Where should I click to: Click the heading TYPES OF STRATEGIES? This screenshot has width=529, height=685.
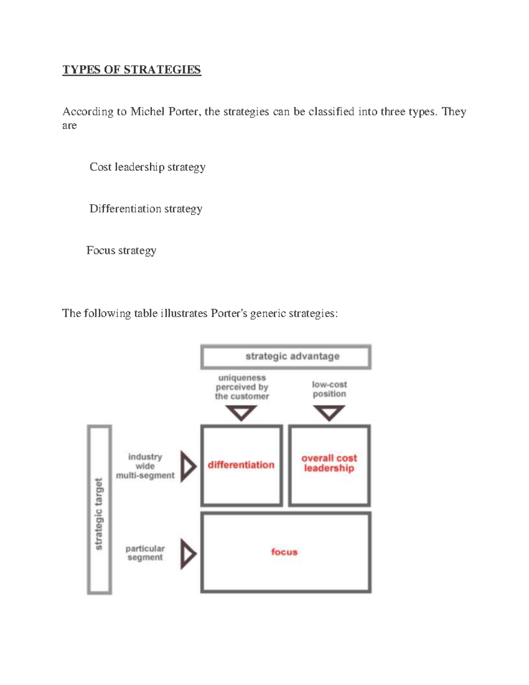pos(131,70)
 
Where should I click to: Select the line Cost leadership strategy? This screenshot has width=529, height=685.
pos(147,167)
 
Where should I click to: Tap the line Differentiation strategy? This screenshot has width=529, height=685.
pos(145,209)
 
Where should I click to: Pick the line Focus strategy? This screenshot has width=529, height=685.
pos(121,251)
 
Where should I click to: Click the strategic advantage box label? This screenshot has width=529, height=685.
pos(292,356)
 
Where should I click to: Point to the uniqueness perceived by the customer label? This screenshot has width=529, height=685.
pos(242,387)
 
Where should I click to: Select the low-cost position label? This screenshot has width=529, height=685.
pos(329,389)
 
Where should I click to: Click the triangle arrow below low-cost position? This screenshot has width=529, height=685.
pos(329,413)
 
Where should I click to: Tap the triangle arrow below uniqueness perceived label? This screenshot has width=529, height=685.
pos(241,413)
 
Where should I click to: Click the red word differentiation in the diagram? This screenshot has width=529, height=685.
pos(241,465)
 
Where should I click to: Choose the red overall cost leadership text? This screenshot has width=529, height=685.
pos(329,463)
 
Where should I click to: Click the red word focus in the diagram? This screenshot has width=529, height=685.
pos(284,552)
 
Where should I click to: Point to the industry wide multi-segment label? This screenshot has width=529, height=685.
pos(145,466)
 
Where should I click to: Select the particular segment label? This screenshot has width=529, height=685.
pos(145,553)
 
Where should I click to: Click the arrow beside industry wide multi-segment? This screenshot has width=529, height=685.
pos(188,466)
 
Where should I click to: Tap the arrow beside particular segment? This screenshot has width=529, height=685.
pos(188,553)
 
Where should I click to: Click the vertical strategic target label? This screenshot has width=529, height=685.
pos(99,514)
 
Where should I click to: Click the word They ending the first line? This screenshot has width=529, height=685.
pos(454,112)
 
